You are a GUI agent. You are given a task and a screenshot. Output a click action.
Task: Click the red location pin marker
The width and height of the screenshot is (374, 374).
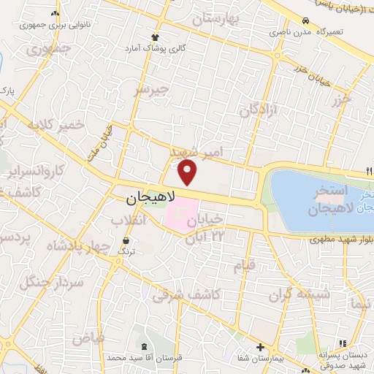tap(188, 172)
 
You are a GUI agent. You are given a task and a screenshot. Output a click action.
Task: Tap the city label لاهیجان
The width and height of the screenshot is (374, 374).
tap(151, 197)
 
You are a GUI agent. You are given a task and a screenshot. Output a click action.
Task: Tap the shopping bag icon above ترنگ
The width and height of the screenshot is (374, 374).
tap(127, 240)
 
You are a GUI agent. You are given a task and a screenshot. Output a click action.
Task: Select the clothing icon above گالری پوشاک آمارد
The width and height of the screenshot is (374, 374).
tap(155, 36)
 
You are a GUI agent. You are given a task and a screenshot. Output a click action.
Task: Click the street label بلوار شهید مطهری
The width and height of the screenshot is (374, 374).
tap(340, 239)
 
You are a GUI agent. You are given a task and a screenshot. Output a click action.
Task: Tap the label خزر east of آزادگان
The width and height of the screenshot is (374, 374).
tap(341, 100)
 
